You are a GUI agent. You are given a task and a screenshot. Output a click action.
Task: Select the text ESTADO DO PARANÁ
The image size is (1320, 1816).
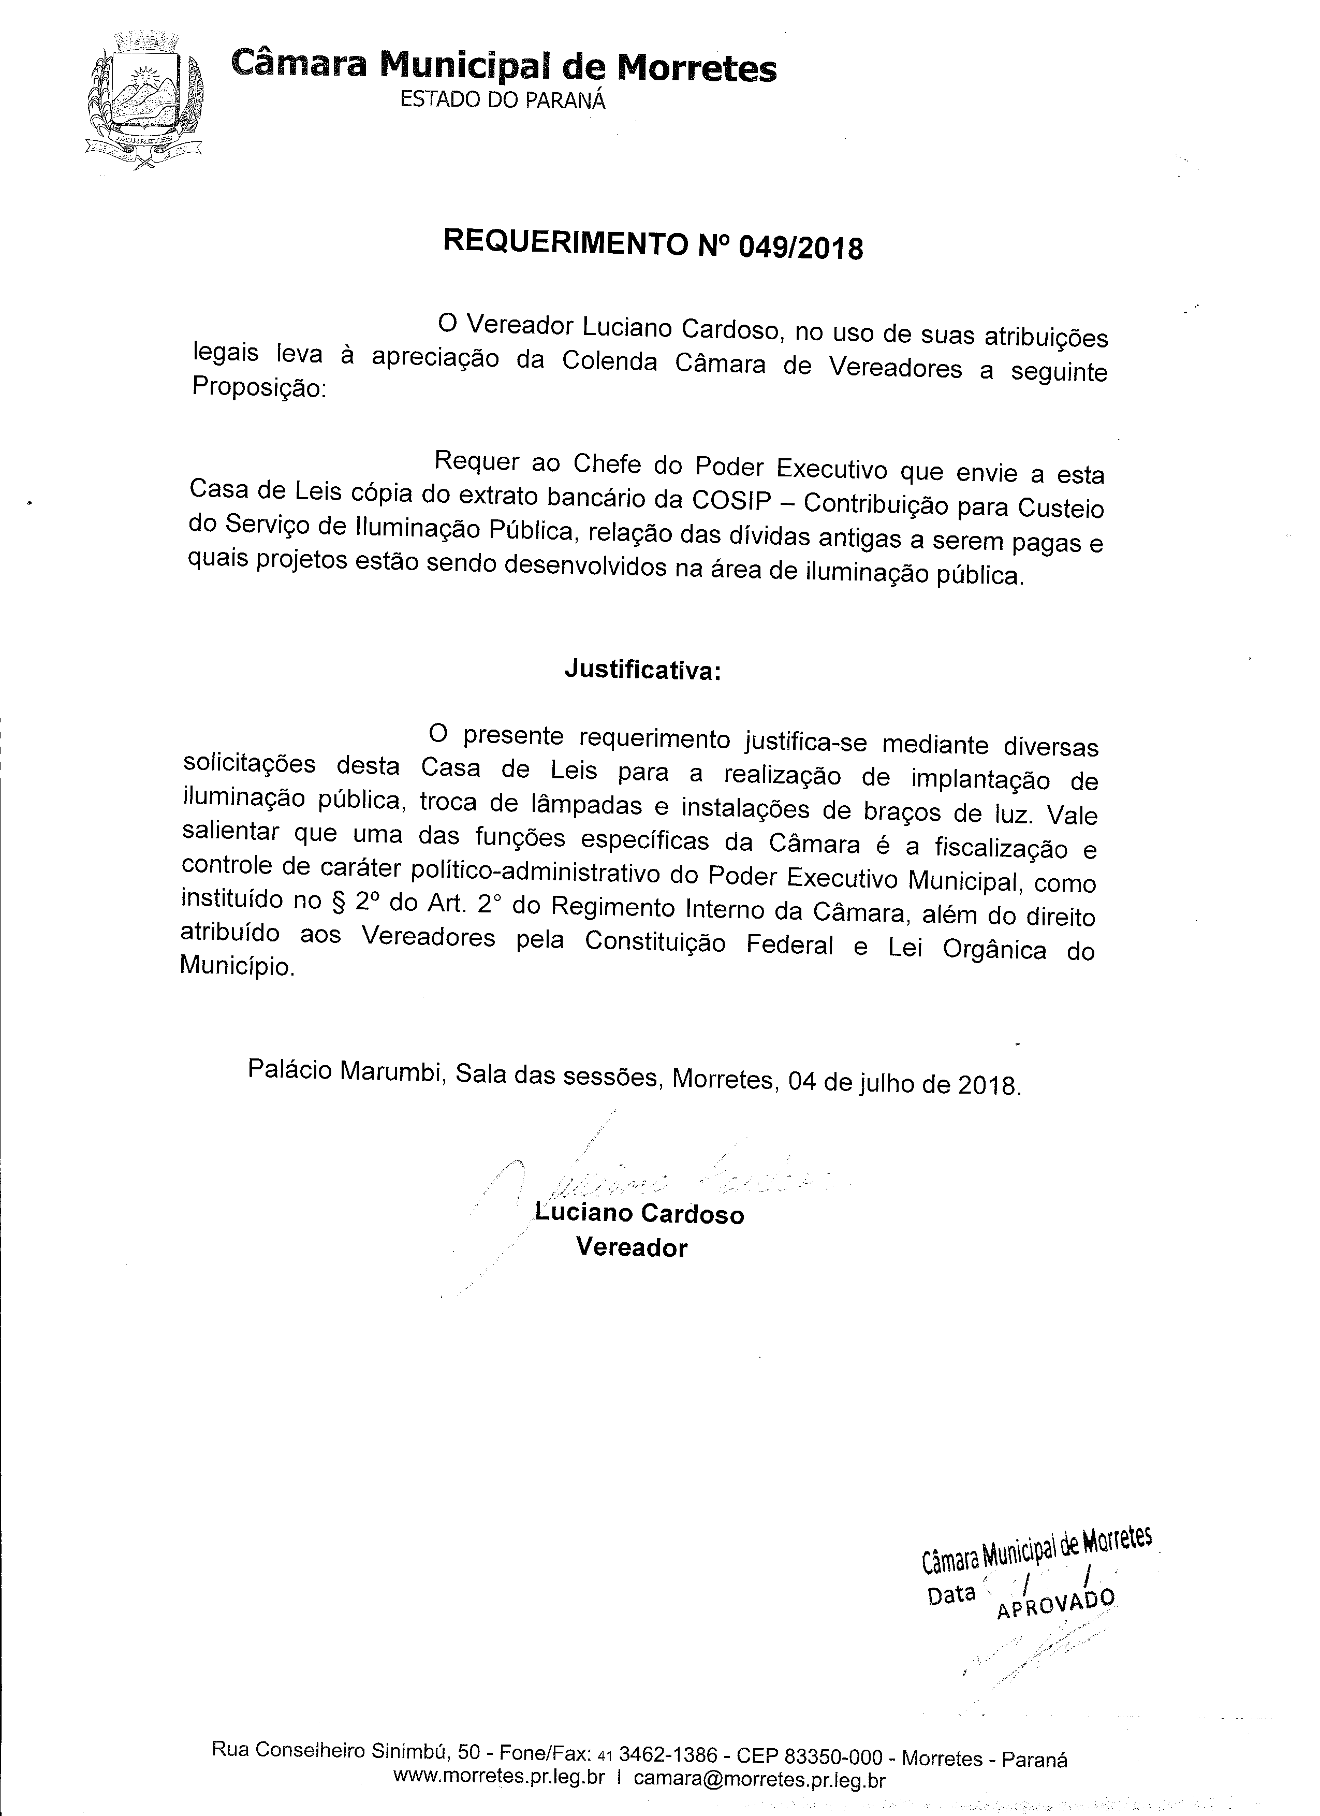coord(502,100)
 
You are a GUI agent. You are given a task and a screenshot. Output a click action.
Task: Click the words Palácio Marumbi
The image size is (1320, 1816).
coord(346,1070)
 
